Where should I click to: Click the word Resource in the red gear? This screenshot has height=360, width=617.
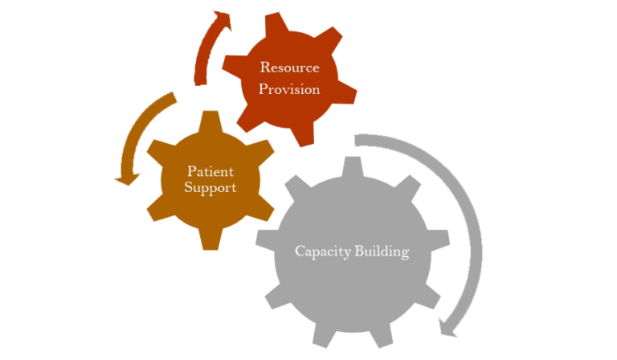(289, 67)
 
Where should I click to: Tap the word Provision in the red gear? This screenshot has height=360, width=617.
(289, 89)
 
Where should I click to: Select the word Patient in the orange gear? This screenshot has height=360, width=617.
(210, 171)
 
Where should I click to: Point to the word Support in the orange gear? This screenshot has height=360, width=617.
(210, 188)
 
